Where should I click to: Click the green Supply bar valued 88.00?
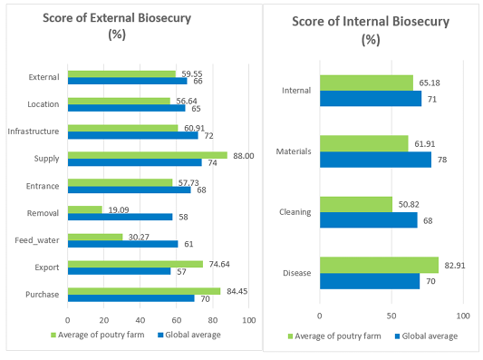pyautogui.click(x=148, y=155)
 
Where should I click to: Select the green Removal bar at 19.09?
pyautogui.click(x=85, y=209)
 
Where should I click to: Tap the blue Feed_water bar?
pyautogui.click(x=123, y=244)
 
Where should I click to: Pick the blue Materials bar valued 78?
pyautogui.click(x=375, y=160)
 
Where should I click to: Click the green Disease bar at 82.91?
pyautogui.click(x=379, y=265)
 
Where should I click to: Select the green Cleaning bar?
pyautogui.click(x=356, y=204)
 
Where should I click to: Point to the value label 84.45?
pyautogui.click(x=237, y=291)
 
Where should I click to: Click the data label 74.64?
pyautogui.click(x=219, y=264)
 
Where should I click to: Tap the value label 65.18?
pyautogui.click(x=430, y=83)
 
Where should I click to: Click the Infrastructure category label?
pyautogui.click(x=34, y=131)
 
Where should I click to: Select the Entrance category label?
pyautogui.click(x=43, y=186)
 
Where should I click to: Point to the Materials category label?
pyautogui.click(x=294, y=151)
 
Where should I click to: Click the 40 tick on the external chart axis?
pyautogui.click(x=140, y=320)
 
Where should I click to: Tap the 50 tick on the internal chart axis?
pyautogui.click(x=391, y=316)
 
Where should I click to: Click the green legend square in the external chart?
pyautogui.click(x=53, y=335)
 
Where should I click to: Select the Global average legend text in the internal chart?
pyautogui.click(x=430, y=336)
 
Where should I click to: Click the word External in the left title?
pyautogui.click(x=112, y=18)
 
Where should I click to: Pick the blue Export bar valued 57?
pyautogui.click(x=120, y=271)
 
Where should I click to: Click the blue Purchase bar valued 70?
pyautogui.click(x=131, y=298)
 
